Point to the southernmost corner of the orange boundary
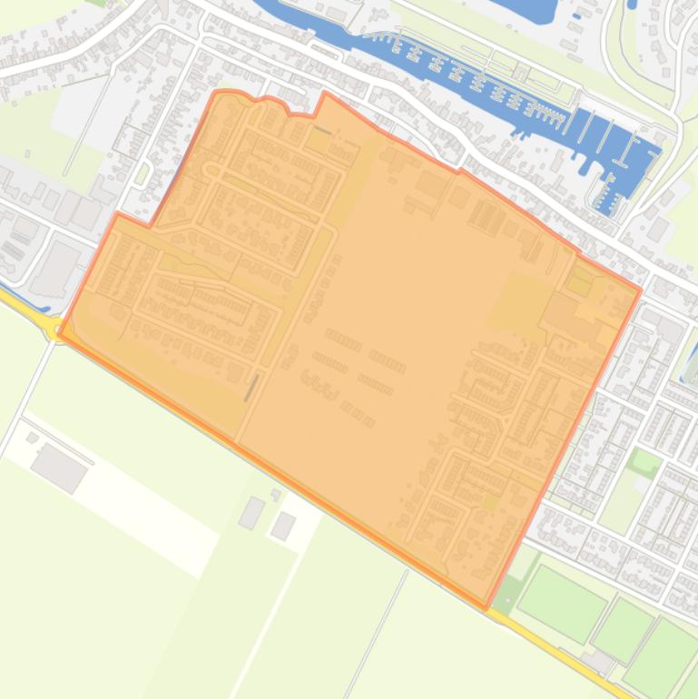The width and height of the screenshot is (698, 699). tap(486, 607)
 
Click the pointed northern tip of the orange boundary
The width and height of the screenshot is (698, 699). tap(325, 93)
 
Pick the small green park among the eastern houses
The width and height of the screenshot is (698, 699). tap(644, 463)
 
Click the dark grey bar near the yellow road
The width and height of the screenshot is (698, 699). tap(251, 388)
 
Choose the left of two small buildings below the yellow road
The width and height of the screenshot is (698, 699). tap(251, 513)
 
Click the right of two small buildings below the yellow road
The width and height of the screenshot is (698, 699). tap(283, 525)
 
